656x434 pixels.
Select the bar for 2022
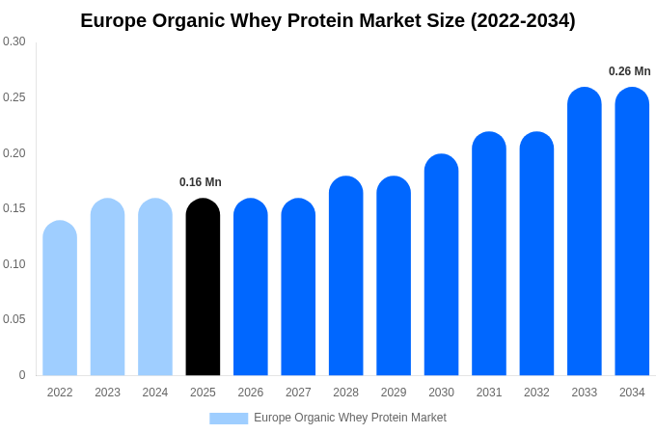(x=60, y=299)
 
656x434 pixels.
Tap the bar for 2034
(x=632, y=231)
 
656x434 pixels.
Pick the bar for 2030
(x=441, y=265)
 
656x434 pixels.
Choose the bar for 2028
(x=345, y=276)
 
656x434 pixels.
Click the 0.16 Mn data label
(x=201, y=182)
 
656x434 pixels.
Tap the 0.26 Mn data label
(x=629, y=71)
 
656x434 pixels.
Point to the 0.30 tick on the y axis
(x=14, y=41)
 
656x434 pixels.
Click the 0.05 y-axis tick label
(x=14, y=319)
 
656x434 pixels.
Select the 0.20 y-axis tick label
(x=14, y=153)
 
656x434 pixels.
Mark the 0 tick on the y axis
(x=22, y=375)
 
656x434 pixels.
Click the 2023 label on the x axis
(x=107, y=393)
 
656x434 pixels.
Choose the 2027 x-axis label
(x=298, y=393)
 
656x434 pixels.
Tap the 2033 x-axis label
(x=584, y=393)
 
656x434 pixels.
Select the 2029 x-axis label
(x=394, y=393)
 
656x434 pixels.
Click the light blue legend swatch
(x=229, y=419)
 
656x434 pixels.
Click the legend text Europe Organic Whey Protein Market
(x=350, y=418)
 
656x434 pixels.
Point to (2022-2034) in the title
(x=523, y=20)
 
